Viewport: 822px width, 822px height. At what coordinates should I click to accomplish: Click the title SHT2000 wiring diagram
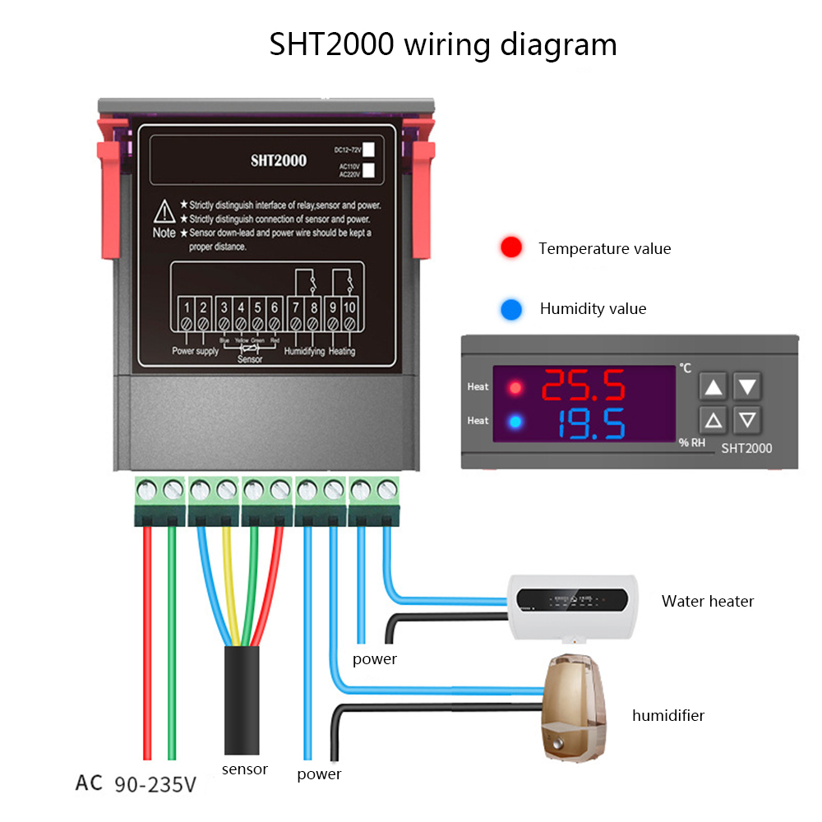[443, 44]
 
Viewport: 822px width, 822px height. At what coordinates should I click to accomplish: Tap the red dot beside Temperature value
[511, 247]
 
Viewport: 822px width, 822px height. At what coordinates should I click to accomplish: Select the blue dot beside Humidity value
[511, 309]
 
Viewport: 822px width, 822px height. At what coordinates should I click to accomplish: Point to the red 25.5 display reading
[584, 385]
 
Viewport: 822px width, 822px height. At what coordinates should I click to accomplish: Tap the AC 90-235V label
[136, 783]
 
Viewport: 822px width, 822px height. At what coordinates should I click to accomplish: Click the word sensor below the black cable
[245, 769]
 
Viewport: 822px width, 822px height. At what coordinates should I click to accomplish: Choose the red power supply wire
[147, 641]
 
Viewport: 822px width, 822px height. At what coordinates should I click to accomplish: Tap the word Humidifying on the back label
[304, 352]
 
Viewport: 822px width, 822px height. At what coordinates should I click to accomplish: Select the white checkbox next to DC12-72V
[369, 149]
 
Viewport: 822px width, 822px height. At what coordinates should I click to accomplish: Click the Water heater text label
[708, 601]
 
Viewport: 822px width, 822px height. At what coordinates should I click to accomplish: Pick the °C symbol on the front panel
[685, 369]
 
